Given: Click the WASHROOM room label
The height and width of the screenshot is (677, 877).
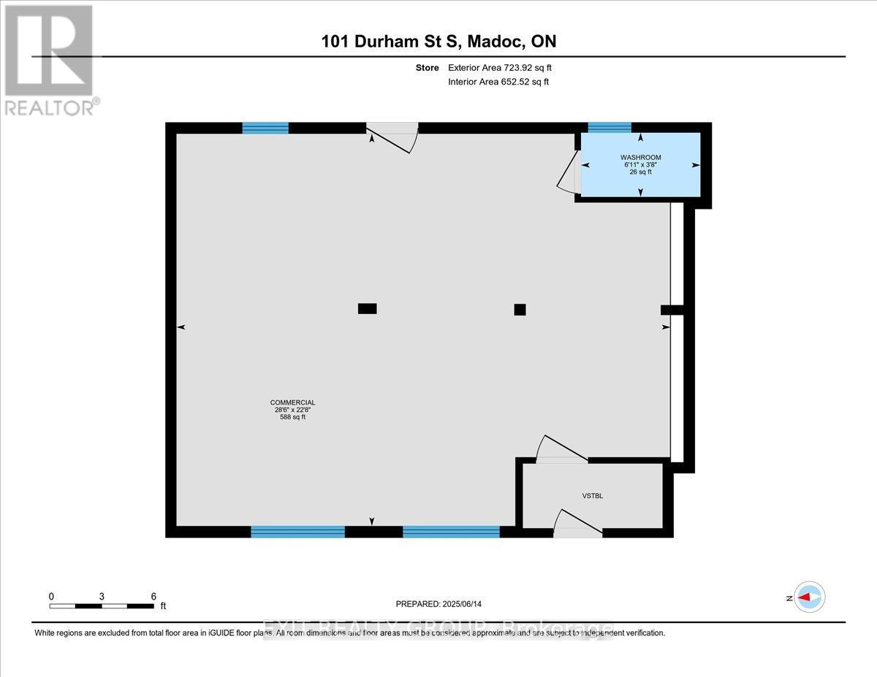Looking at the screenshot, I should pos(640,157).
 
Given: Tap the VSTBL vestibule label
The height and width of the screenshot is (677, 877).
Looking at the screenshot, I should pos(592,496).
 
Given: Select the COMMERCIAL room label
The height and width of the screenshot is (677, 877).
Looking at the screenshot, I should pos(292,402).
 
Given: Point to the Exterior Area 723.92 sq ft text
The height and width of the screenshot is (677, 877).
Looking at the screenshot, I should pos(499,68).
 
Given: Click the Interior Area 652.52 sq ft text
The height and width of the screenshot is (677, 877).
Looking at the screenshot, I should pos(498,82).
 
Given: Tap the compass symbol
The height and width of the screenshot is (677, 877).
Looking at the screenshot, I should pos(810,597).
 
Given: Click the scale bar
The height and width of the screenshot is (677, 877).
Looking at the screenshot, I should pos(102,605).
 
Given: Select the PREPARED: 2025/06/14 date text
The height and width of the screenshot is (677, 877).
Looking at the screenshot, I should pos(438,604).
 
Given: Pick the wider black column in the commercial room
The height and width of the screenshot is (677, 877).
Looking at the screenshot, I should pos(367,308).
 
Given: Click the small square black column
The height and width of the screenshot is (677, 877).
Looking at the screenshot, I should pos(520,309).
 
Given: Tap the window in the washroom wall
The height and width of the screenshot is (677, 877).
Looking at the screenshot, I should pos(610,128).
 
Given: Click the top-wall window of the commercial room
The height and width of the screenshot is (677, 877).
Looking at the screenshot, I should pos(265,128).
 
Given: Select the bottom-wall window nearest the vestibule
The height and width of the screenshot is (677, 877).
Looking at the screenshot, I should pos(451,532).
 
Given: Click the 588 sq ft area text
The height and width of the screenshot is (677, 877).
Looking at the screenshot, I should pos(292,418).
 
